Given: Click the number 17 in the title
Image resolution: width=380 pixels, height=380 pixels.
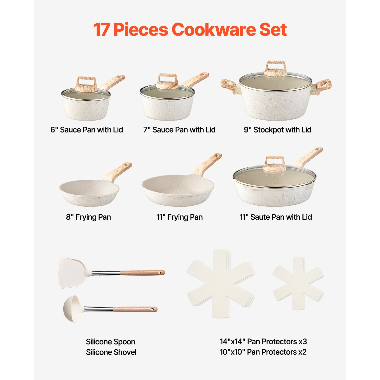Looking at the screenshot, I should pyautogui.click(x=101, y=30).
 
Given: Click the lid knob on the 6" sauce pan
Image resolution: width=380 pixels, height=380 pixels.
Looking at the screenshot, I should pyautogui.click(x=86, y=84).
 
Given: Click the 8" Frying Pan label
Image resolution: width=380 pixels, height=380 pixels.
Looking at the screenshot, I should pyautogui.click(x=88, y=217).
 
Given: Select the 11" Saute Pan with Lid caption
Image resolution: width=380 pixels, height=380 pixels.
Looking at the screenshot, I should pyautogui.click(x=276, y=217).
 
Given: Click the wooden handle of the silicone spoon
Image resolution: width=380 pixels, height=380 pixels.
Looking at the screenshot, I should pyautogui.click(x=135, y=309).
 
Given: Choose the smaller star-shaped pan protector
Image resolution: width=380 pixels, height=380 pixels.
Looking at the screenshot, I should pyautogui.click(x=298, y=284).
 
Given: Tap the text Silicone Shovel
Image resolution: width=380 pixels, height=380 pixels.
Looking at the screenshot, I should pyautogui.click(x=111, y=352).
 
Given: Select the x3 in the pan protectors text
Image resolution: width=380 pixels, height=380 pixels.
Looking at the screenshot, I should pyautogui.click(x=303, y=341).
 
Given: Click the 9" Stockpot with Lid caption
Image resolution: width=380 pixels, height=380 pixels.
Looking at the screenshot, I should pyautogui.click(x=277, y=130).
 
